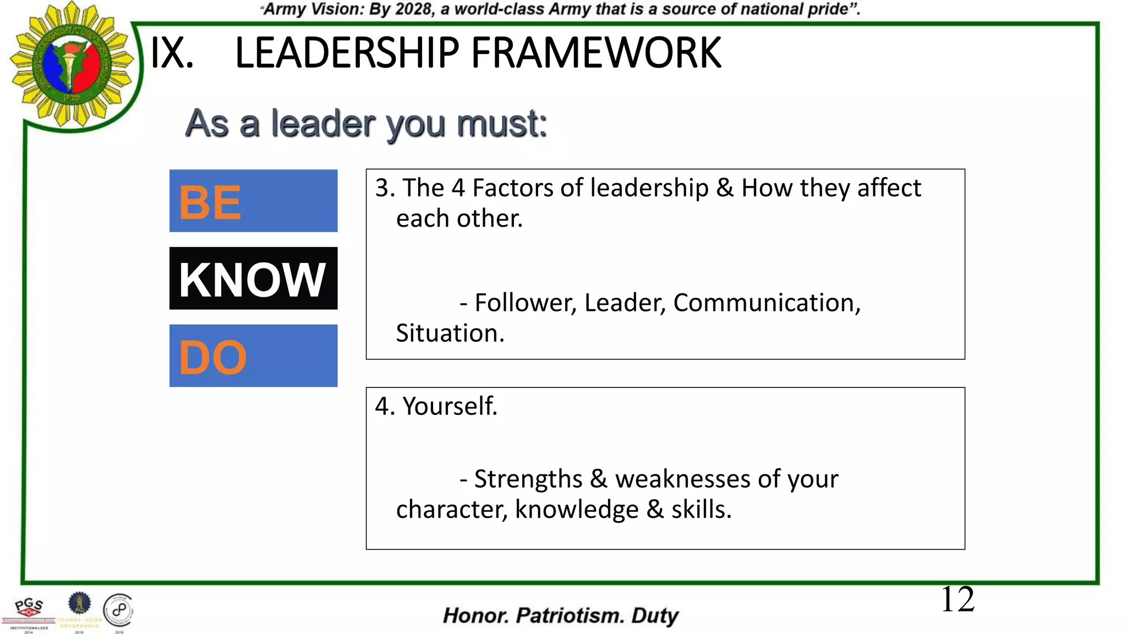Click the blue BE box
pyautogui.click(x=253, y=201)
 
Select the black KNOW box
pyautogui.click(x=253, y=278)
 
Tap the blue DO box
pyautogui.click(x=253, y=356)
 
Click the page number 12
pyautogui.click(x=958, y=599)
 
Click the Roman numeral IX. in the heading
pyautogui.click(x=172, y=53)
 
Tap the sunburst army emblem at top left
pyautogui.click(x=72, y=65)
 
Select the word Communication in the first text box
pyautogui.click(x=767, y=303)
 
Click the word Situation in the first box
pyautogui.click(x=450, y=334)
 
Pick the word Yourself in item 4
pyautogui.click(x=450, y=406)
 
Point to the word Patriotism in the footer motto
pyautogui.click(x=570, y=615)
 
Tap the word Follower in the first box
pyautogui.click(x=525, y=303)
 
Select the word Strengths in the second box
pyautogui.click(x=528, y=479)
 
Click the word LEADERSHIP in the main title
pyautogui.click(x=347, y=53)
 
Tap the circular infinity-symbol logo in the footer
pyautogui.click(x=118, y=610)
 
